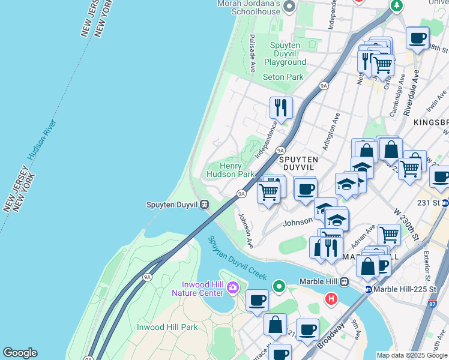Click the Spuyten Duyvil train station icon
click(205, 205)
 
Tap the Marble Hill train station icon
click(345, 281)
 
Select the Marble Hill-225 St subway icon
click(367, 289)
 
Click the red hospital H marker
click(331, 298)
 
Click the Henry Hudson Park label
click(231, 170)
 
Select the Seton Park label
click(283, 77)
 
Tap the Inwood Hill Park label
click(167, 327)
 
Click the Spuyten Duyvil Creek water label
click(237, 257)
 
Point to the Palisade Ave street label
click(253, 52)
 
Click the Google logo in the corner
click(20, 353)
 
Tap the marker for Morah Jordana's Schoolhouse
click(289, 7)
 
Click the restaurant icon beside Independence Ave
click(280, 107)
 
